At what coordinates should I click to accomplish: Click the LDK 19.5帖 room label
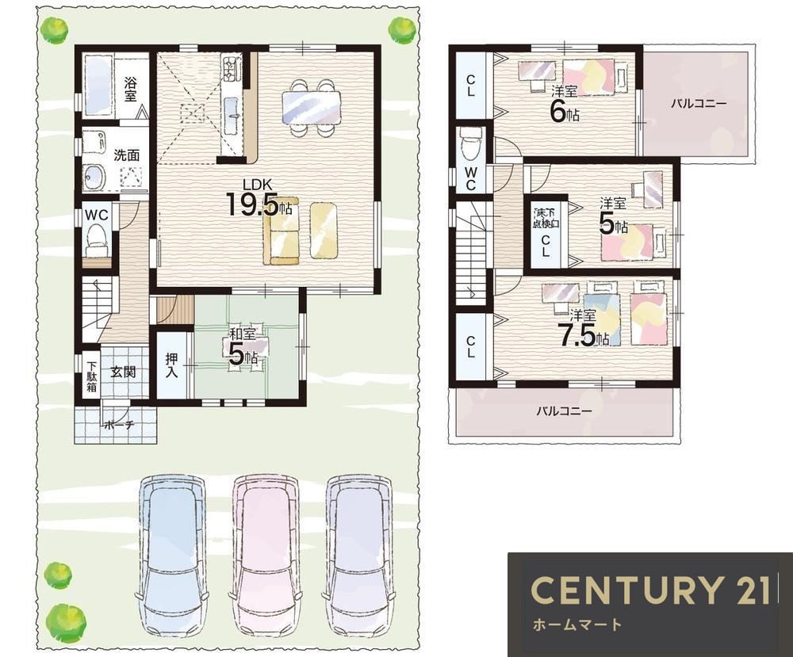[x=259, y=198]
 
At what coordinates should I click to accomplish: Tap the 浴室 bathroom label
[x=131, y=90]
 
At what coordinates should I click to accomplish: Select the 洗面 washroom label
[x=126, y=155]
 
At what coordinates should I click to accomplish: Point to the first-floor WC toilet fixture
[x=97, y=239]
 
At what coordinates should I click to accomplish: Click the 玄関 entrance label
[x=124, y=372]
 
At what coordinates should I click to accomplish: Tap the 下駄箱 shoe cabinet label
[x=91, y=376]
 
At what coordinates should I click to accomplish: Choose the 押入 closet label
[x=172, y=365]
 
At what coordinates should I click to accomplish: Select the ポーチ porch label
[x=120, y=426]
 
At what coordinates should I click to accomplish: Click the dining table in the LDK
[x=311, y=107]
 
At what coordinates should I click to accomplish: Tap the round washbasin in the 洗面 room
[x=94, y=178]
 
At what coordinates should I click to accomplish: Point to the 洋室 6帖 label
[x=564, y=105]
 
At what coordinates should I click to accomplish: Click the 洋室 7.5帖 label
[x=583, y=328]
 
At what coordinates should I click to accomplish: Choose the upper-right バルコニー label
[x=699, y=104]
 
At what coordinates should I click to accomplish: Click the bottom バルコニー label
[x=564, y=411]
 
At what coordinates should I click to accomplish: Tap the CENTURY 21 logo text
[x=651, y=590]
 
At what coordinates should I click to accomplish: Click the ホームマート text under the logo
[x=577, y=625]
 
